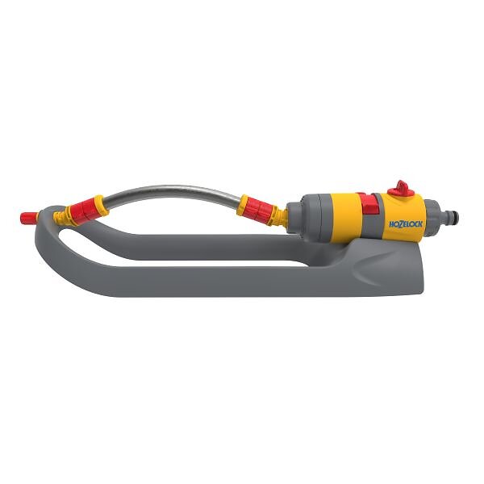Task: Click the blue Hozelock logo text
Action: (405, 223)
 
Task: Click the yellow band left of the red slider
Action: (345, 218)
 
